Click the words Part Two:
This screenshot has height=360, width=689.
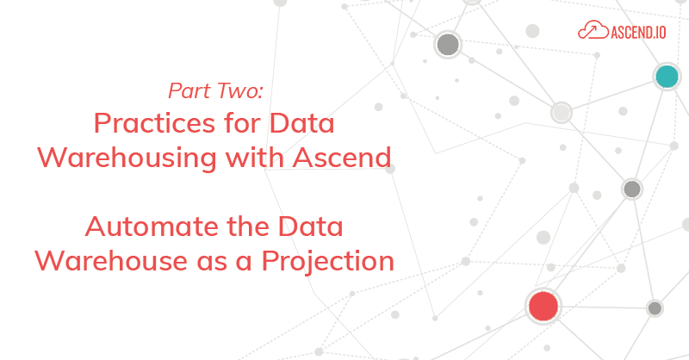pyautogui.click(x=215, y=90)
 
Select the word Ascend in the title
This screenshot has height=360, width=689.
pyautogui.click(x=342, y=158)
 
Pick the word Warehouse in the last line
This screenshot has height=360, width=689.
pyautogui.click(x=111, y=261)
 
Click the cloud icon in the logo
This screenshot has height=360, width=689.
pyautogui.click(x=593, y=30)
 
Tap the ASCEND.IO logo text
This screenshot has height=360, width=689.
pyautogui.click(x=638, y=32)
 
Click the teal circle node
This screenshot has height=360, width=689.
pyautogui.click(x=667, y=77)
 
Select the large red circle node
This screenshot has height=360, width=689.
pyautogui.click(x=543, y=306)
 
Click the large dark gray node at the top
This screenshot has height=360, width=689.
pyautogui.click(x=448, y=45)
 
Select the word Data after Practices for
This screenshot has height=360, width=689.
pyautogui.click(x=302, y=123)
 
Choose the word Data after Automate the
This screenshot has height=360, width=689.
pyautogui.click(x=311, y=227)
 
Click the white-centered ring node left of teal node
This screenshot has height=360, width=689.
pyautogui.click(x=562, y=113)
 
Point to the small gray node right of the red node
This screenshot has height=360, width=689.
pyautogui.click(x=655, y=308)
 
